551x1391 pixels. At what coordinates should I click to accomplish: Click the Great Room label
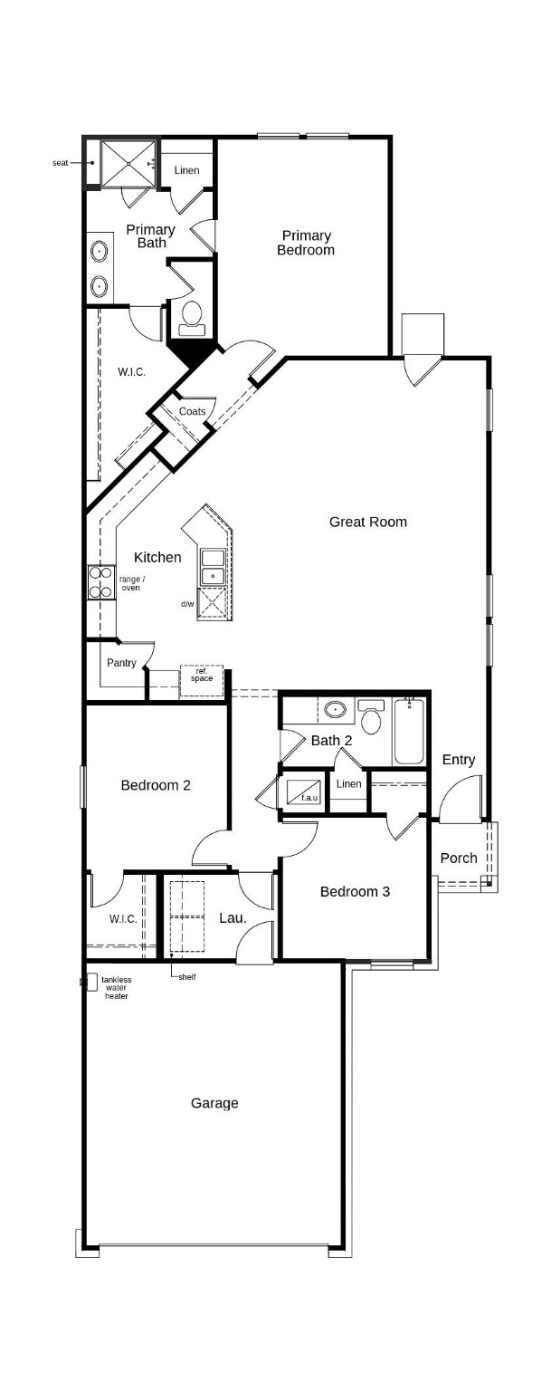pyautogui.click(x=367, y=522)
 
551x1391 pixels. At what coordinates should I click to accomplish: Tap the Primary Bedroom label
pyautogui.click(x=305, y=243)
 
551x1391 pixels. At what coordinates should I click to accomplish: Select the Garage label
pyautogui.click(x=214, y=1103)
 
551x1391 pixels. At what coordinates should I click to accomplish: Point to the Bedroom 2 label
pyautogui.click(x=156, y=785)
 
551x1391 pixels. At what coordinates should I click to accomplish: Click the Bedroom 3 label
pyautogui.click(x=355, y=891)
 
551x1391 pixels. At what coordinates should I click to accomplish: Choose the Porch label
pyautogui.click(x=458, y=858)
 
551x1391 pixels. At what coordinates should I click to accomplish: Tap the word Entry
pyautogui.click(x=458, y=760)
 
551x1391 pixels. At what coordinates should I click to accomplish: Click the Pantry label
pyautogui.click(x=121, y=663)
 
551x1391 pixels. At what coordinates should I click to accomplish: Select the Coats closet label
pyautogui.click(x=192, y=411)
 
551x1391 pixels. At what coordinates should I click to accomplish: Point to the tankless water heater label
pyautogui.click(x=116, y=988)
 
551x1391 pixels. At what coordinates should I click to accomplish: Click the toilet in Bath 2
pyautogui.click(x=370, y=719)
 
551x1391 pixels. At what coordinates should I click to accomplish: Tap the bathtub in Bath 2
pyautogui.click(x=409, y=732)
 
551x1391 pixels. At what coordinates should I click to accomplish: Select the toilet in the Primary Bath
pyautogui.click(x=192, y=315)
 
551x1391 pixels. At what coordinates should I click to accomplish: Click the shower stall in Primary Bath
pyautogui.click(x=128, y=162)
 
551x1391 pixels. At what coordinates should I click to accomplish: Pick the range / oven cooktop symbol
pyautogui.click(x=99, y=582)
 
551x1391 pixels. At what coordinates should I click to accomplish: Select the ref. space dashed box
pyautogui.click(x=201, y=680)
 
